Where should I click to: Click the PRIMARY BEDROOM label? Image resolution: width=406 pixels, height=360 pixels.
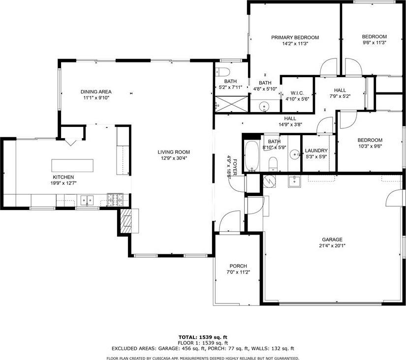pyautogui.click(x=295, y=37)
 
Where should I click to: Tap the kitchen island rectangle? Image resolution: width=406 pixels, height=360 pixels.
pyautogui.click(x=73, y=165)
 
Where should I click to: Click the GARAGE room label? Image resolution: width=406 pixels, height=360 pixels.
pyautogui.click(x=332, y=240)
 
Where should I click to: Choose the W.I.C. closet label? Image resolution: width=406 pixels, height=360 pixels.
pyautogui.click(x=297, y=92)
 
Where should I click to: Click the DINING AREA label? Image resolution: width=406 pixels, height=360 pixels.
pyautogui.click(x=96, y=91)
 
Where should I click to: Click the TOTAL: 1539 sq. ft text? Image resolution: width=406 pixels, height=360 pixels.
pyautogui.click(x=203, y=337)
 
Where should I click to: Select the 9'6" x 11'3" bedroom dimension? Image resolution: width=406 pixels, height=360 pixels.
pyautogui.click(x=374, y=42)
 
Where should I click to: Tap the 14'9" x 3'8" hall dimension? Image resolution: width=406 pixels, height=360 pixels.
pyautogui.click(x=289, y=124)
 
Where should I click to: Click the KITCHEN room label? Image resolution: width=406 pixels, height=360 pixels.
pyautogui.click(x=63, y=177)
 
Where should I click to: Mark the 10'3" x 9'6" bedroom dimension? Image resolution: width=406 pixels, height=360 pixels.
pyautogui.click(x=370, y=146)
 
